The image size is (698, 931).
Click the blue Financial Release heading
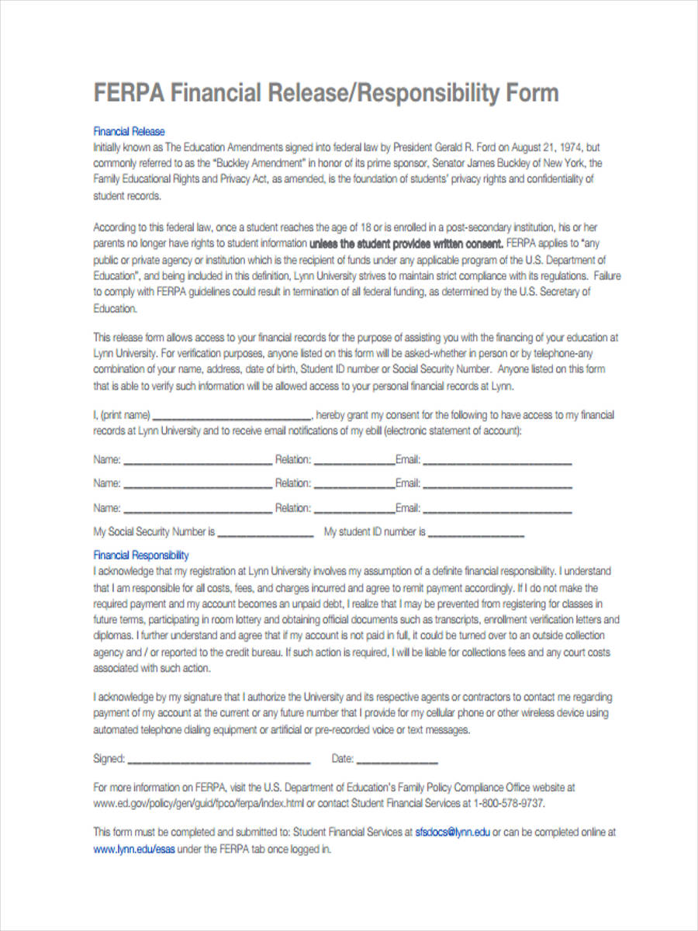pos(129,132)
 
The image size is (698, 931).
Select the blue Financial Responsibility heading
pos(141,555)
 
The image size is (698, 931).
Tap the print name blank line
pos(233,416)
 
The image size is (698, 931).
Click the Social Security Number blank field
pos(265,533)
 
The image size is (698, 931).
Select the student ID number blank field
pos(475,533)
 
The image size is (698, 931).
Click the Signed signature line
pos(218,760)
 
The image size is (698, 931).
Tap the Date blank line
pos(397,760)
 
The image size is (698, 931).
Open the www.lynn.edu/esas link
pos(134,849)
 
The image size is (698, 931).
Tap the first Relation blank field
pos(354,461)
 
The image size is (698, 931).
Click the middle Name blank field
pos(198,485)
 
